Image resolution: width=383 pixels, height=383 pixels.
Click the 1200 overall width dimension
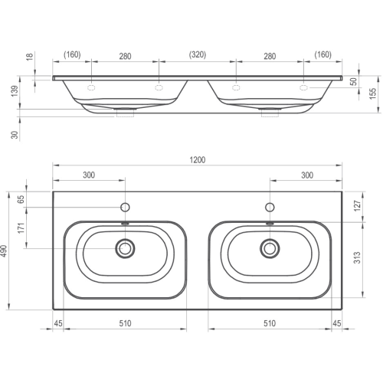[x=198, y=160]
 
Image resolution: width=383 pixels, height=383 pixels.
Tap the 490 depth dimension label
[x=5, y=251]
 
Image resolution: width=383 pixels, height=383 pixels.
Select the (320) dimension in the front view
[x=198, y=54]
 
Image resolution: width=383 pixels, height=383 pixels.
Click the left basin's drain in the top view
[x=125, y=248]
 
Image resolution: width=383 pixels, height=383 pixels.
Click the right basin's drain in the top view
[x=270, y=248]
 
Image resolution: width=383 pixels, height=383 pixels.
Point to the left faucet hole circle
[x=125, y=208]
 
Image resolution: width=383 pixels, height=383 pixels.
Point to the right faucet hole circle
[x=270, y=208]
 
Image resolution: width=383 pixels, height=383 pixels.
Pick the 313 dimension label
[x=358, y=257]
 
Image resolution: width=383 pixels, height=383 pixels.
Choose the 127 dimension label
[x=358, y=205]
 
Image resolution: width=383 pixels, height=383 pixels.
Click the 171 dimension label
[x=21, y=228]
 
